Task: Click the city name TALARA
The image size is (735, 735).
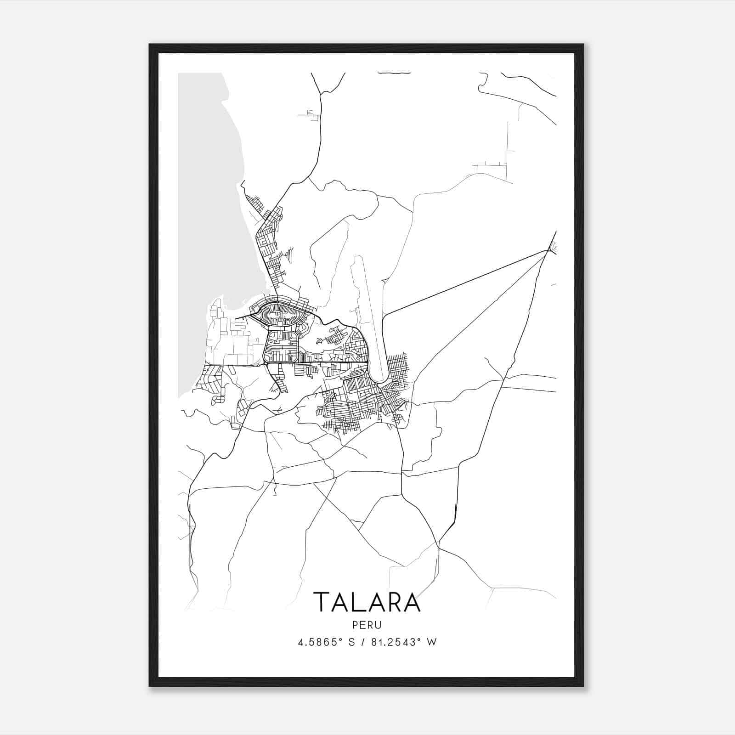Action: (x=367, y=602)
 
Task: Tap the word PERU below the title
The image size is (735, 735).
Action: (x=367, y=625)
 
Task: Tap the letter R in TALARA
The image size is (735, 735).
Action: (x=393, y=602)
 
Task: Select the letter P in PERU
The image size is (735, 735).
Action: (x=356, y=625)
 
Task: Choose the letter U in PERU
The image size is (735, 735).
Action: (x=379, y=625)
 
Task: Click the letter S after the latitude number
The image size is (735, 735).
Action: (x=351, y=642)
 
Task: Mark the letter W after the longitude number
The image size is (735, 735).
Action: (x=431, y=642)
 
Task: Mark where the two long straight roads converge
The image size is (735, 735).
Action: (x=548, y=251)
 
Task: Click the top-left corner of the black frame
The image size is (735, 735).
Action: (x=150, y=45)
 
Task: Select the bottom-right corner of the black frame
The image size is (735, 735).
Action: (x=583, y=686)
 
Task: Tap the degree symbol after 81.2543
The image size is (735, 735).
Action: (x=421, y=639)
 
